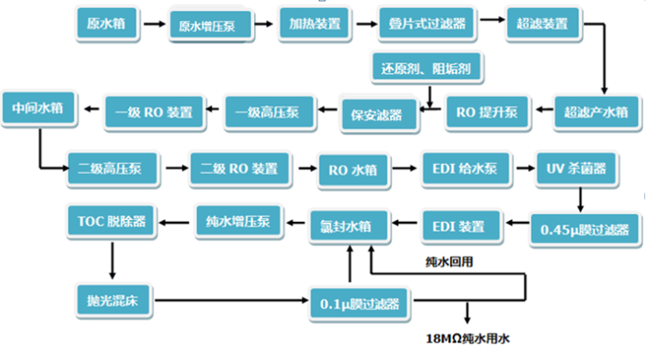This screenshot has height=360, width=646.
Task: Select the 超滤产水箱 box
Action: pos(596,112)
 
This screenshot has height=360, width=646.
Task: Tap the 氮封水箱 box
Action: pos(351,226)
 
